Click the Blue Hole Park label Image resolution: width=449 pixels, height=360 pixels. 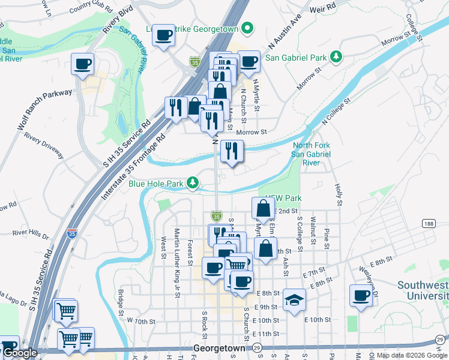155,183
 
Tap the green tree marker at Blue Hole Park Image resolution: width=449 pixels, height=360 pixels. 192,182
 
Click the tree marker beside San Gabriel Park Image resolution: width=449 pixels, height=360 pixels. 337,56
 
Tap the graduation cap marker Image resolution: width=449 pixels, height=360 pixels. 294,299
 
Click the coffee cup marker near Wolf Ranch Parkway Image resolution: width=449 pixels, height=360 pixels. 83,63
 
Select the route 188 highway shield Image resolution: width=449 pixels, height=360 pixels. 427,224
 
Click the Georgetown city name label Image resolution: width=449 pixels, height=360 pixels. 220,348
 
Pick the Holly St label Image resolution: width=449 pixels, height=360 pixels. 338,194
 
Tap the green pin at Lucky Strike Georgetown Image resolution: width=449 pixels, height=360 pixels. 247,29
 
